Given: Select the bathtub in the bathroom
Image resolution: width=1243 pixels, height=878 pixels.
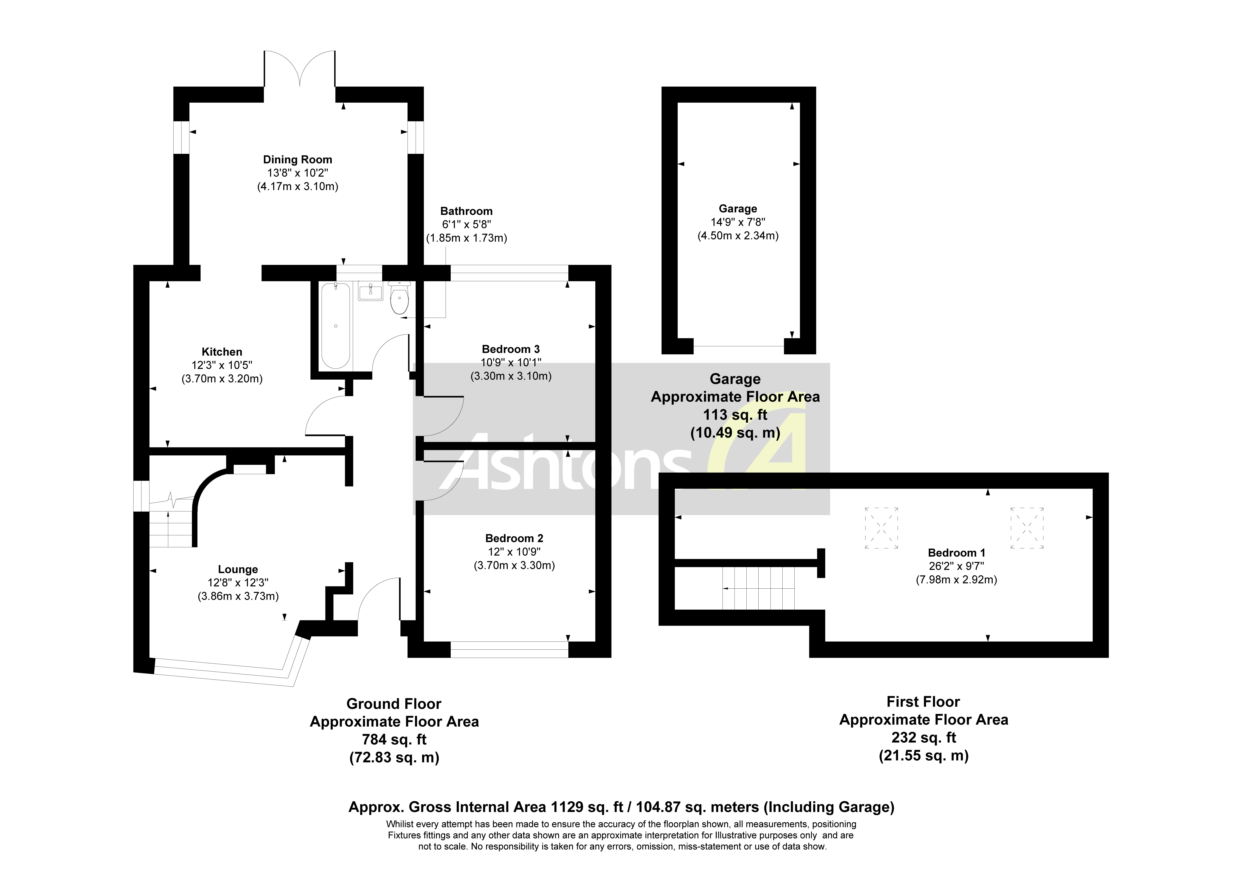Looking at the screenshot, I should (x=336, y=326).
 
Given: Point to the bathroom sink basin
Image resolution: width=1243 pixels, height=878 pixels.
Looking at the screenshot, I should (x=370, y=292).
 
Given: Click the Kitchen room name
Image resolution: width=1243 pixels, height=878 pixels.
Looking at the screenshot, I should (x=222, y=352).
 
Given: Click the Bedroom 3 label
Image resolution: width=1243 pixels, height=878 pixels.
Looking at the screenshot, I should (x=511, y=349).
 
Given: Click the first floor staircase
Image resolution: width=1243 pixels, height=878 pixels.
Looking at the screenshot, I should (x=758, y=588).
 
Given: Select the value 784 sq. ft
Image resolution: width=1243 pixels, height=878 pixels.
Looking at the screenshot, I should (x=394, y=739).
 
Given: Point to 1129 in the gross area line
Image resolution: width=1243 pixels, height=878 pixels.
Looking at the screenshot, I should (x=566, y=807).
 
